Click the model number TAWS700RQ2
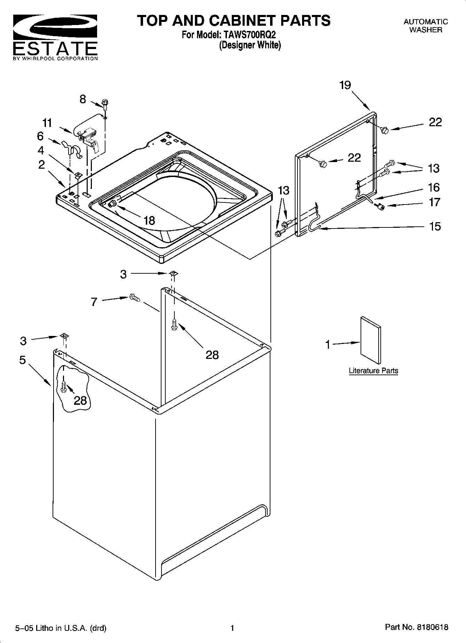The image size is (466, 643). click(x=248, y=35)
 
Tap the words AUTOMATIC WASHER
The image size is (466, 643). click(x=426, y=26)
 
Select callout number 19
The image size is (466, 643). click(x=345, y=85)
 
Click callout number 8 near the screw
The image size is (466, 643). click(x=83, y=99)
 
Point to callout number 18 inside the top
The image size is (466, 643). click(x=149, y=220)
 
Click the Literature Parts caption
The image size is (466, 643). click(x=373, y=371)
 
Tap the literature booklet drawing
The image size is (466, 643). click(x=371, y=340)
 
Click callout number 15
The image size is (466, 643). click(x=435, y=226)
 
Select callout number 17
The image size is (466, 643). click(x=434, y=202)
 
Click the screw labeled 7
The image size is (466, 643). click(x=134, y=298)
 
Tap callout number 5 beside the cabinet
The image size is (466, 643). click(x=23, y=360)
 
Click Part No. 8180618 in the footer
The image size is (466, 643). click(x=417, y=627)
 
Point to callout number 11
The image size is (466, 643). click(x=47, y=123)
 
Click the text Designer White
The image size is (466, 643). click(x=250, y=45)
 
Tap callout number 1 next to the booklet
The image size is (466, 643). click(x=327, y=345)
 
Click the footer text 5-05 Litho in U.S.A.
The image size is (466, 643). click(x=61, y=628)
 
